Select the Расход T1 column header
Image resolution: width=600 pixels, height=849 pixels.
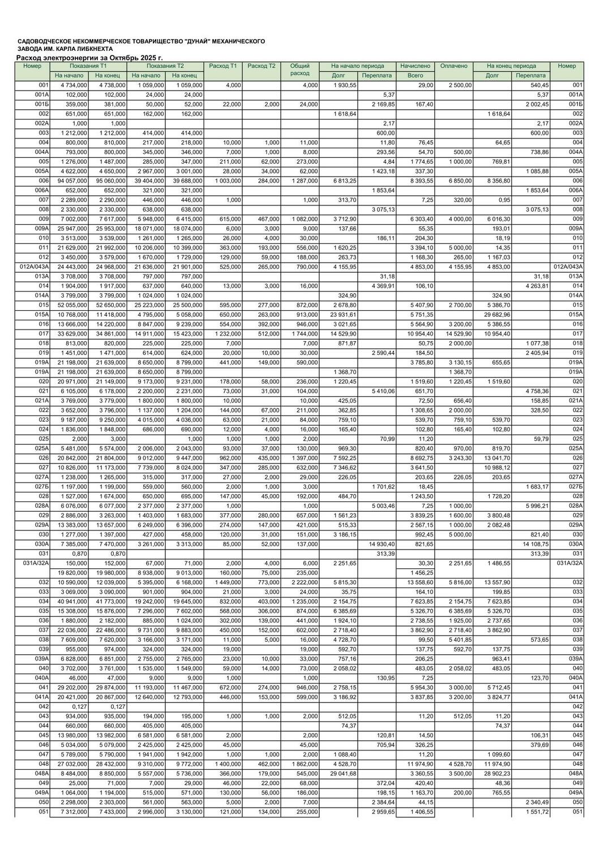223,66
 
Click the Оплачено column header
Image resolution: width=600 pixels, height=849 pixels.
454,66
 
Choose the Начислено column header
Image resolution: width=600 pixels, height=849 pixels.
415,66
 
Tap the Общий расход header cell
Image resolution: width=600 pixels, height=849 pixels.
299,70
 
